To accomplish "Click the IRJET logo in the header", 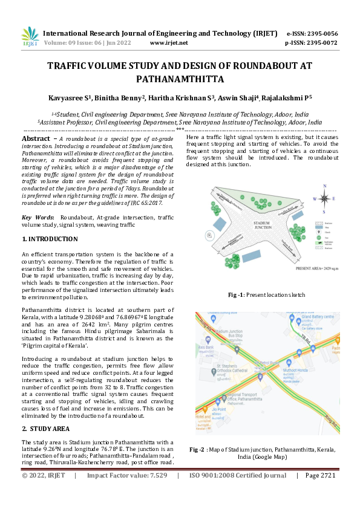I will click(x=30, y=37).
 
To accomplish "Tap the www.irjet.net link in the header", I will click(x=168, y=43).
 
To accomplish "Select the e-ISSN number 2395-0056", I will click(x=321, y=34).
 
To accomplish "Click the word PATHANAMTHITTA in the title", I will click(x=180, y=79).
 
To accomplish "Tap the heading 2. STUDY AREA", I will click(x=47, y=428).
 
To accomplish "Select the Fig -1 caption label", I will click(x=236, y=294).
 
